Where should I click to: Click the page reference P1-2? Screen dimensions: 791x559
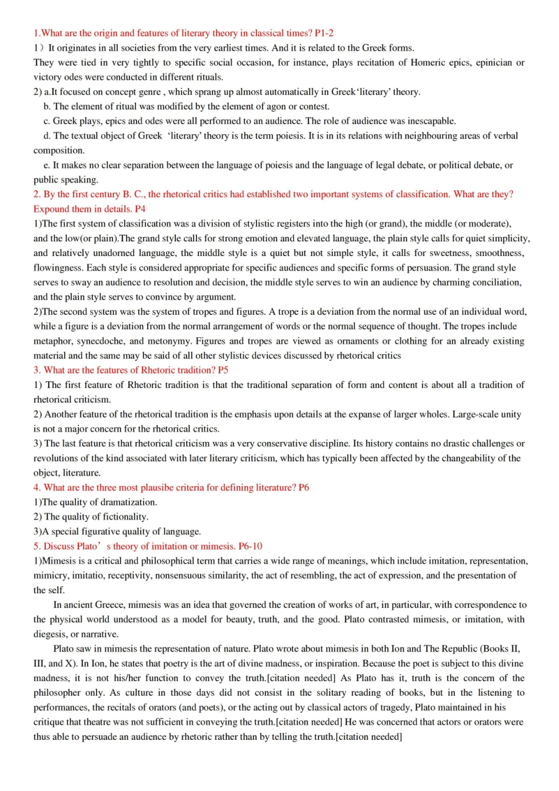324,33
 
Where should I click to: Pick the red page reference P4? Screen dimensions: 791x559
140,209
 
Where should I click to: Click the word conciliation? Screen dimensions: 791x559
493,282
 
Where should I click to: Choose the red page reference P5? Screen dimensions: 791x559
223,370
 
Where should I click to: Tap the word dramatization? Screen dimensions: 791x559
127,503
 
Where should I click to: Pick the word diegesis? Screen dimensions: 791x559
51,634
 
